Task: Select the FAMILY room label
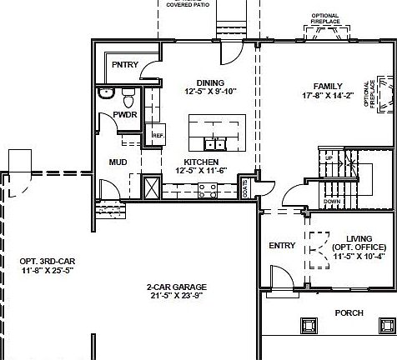point(327,86)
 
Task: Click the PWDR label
point(126,114)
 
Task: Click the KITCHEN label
point(202,162)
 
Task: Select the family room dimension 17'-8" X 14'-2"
point(327,96)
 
